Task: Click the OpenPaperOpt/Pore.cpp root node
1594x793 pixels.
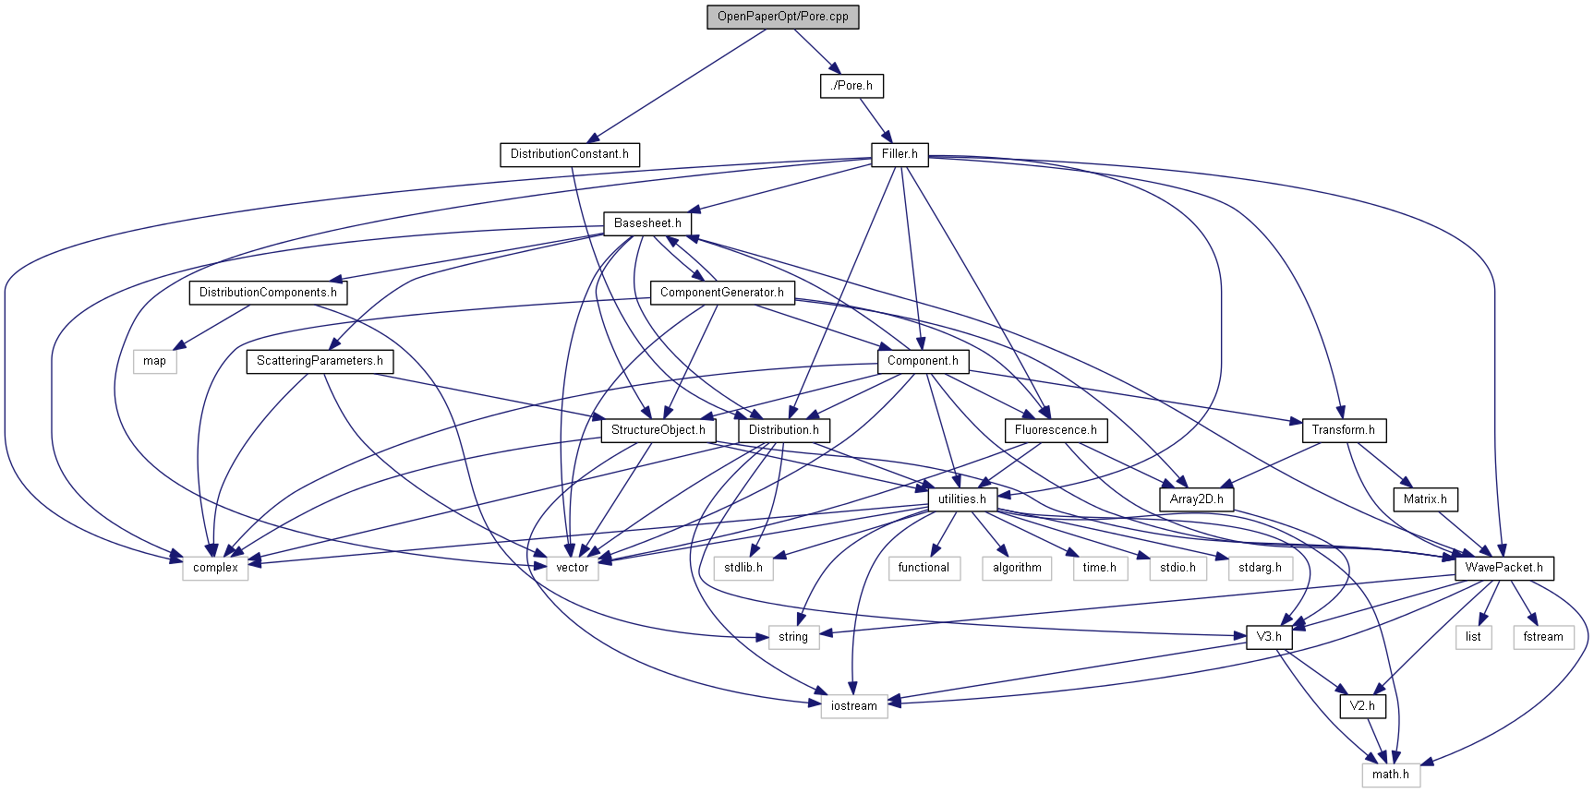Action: coord(782,17)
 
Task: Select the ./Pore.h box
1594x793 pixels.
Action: coord(851,86)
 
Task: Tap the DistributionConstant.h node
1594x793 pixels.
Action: coord(569,154)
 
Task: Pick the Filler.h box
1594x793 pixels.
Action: coord(900,154)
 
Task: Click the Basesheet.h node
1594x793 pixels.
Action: coord(647,223)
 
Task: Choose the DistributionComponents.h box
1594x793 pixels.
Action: coord(268,293)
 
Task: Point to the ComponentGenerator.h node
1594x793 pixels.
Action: coord(721,293)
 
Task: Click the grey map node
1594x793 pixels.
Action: coord(154,361)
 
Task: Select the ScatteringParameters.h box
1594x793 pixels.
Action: coord(320,361)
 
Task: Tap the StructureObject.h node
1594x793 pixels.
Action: coord(658,430)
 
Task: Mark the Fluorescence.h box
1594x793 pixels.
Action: coord(1056,430)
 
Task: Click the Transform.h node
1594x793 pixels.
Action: coord(1343,430)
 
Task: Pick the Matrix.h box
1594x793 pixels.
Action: coord(1425,499)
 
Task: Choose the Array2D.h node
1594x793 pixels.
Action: coord(1196,499)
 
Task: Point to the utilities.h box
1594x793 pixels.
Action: coord(961,499)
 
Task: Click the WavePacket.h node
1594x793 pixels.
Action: coord(1503,568)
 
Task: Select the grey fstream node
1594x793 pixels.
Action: coord(1542,637)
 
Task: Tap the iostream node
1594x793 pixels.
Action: coord(853,706)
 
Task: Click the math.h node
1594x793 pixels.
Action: coord(1390,775)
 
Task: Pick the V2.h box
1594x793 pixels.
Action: coord(1362,706)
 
